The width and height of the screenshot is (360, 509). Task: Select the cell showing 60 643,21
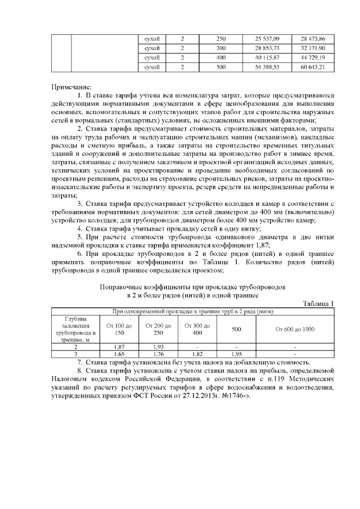(x=313, y=67)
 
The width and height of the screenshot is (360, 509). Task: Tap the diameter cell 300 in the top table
(x=220, y=48)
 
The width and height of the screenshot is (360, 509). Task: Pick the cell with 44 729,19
(x=313, y=57)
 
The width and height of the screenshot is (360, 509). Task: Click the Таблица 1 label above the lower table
(x=318, y=304)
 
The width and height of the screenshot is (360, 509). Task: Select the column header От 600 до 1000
(x=295, y=328)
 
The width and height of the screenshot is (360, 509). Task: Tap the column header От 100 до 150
(x=119, y=329)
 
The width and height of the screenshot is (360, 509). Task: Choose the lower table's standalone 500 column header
(x=237, y=328)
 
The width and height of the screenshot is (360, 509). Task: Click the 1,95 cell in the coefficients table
(x=237, y=354)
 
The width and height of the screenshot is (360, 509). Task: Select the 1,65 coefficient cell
(x=119, y=354)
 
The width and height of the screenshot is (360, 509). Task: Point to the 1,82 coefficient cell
(x=197, y=354)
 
